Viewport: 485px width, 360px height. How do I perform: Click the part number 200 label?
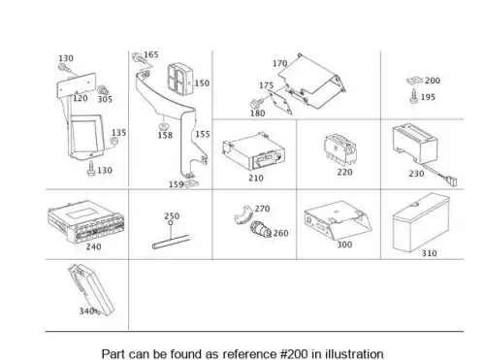(433, 81)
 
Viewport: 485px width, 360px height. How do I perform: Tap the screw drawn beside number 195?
(414, 97)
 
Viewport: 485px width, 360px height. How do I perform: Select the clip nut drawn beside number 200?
(414, 81)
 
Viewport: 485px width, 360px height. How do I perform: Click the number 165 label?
(151, 54)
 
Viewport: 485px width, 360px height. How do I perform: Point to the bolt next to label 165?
(139, 58)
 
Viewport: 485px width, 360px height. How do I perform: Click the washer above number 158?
(164, 126)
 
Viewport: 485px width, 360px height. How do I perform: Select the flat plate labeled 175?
(280, 102)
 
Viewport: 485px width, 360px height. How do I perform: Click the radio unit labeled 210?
(253, 151)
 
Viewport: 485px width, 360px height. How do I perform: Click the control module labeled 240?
(86, 221)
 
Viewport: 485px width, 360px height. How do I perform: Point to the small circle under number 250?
(171, 223)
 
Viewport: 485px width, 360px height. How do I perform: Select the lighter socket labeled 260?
(261, 229)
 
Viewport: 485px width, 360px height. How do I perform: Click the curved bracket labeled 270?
(243, 215)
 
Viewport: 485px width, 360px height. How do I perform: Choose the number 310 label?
(429, 253)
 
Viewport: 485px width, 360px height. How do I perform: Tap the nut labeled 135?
(113, 142)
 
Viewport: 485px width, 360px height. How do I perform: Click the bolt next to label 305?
(103, 90)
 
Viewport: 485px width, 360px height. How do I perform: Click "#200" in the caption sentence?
(294, 354)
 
